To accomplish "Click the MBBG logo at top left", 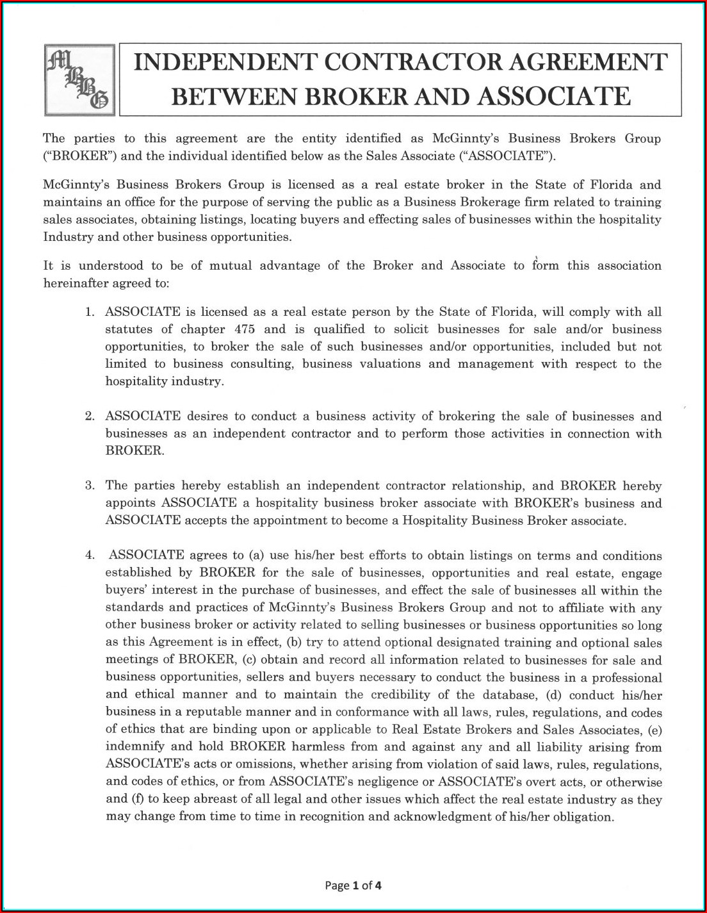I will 79,80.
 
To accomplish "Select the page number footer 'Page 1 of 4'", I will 353,886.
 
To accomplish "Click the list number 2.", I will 90,416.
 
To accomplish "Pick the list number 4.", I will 90,555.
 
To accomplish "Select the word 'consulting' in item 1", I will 263,364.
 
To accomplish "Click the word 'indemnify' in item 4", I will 134,747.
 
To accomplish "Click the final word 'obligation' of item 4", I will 581,817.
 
